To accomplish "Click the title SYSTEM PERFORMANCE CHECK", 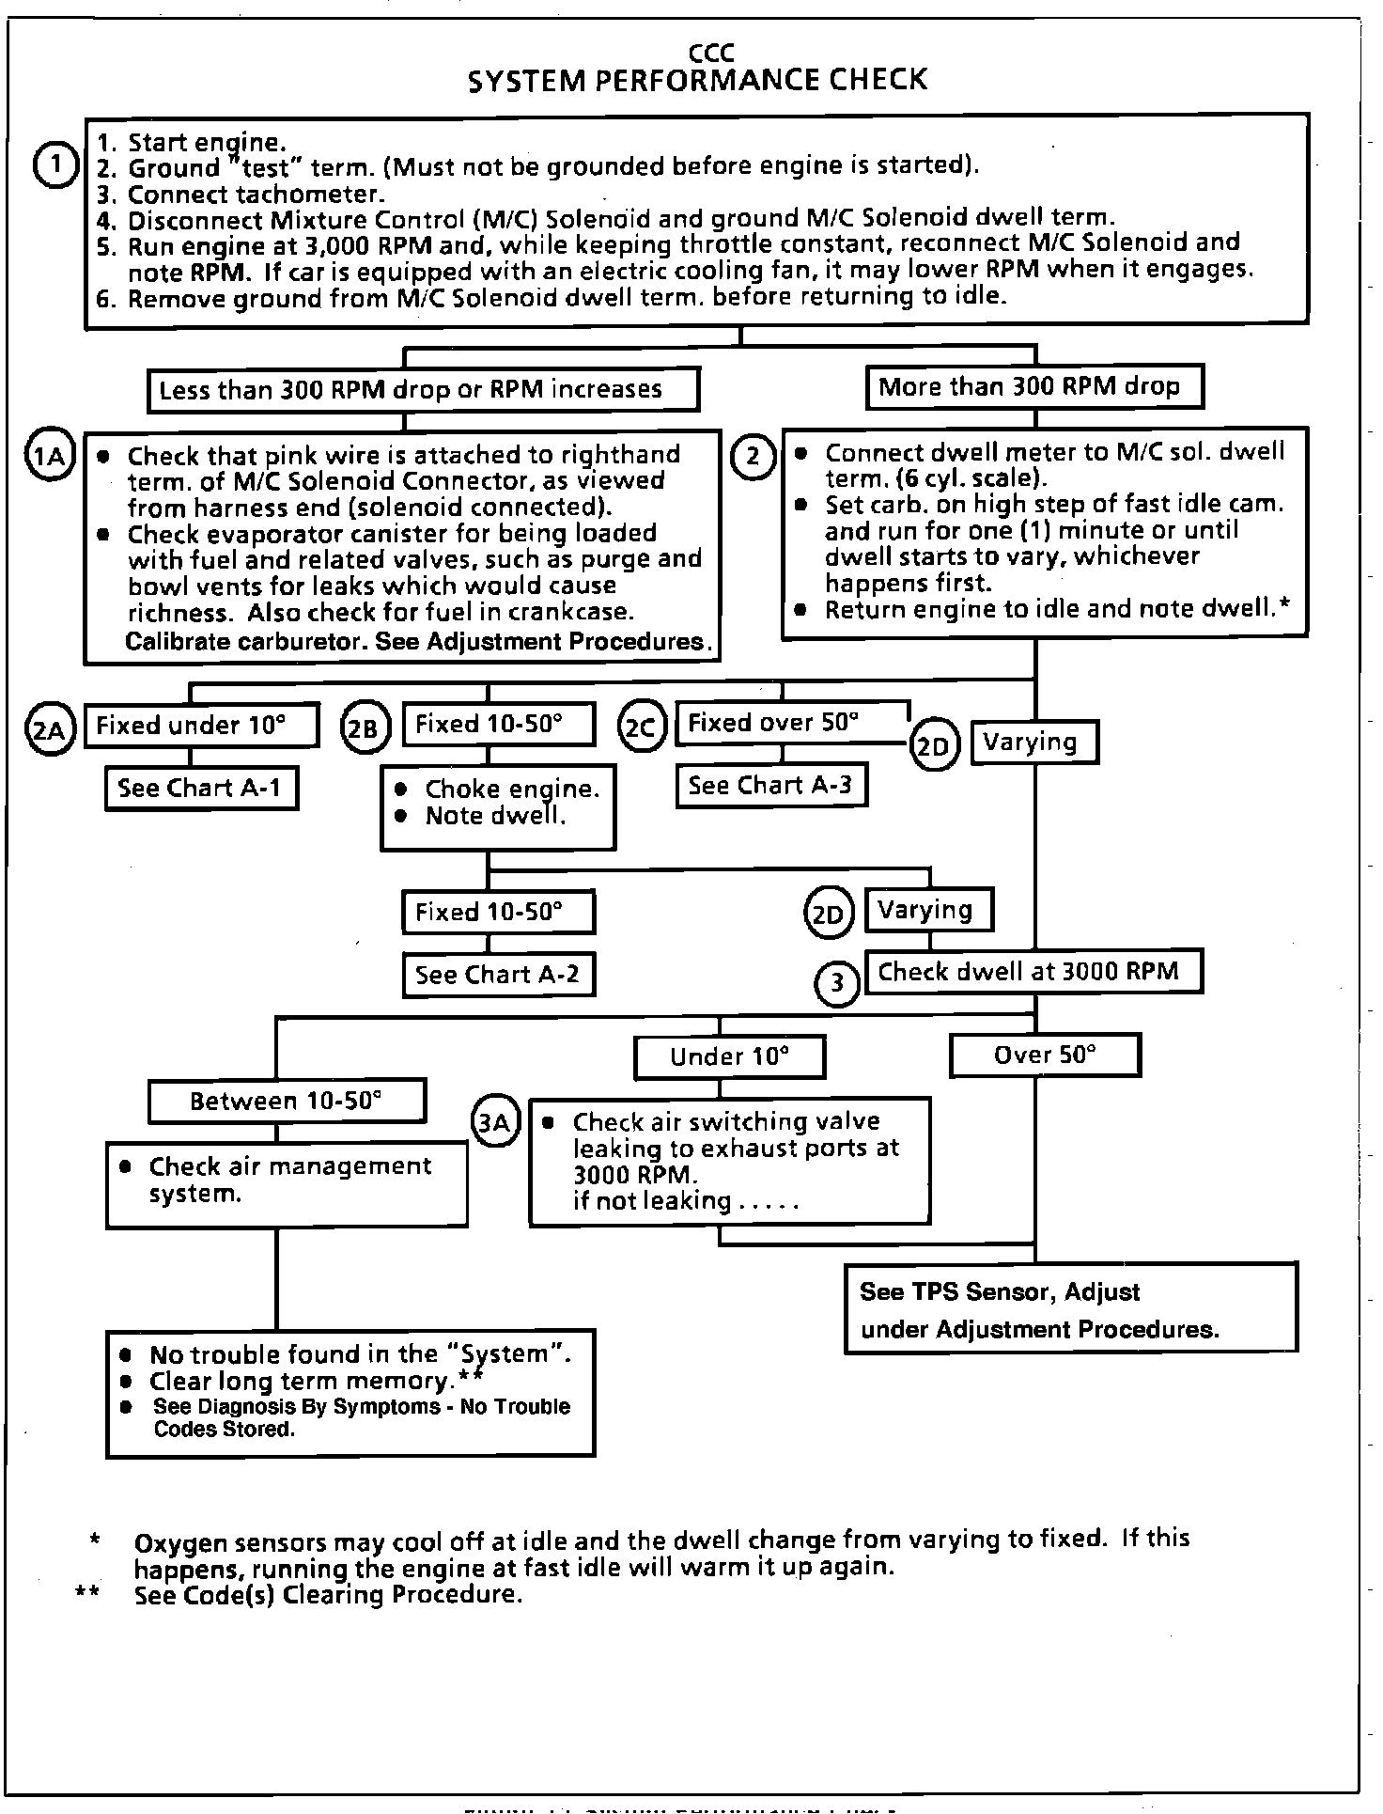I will [696, 80].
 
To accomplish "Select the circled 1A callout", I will [49, 456].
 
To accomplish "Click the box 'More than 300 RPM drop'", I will [1033, 387].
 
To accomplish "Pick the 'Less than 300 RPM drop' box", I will [423, 390].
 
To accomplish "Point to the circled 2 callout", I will [753, 458].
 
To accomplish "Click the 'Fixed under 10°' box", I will [200, 725].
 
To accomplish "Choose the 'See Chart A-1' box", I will [201, 788].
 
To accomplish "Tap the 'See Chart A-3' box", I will [770, 786].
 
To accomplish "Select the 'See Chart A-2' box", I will [498, 975].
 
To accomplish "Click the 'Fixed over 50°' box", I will [791, 723].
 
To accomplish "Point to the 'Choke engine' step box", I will [498, 804].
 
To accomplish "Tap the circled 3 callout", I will [836, 984].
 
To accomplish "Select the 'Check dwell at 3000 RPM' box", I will [1033, 972].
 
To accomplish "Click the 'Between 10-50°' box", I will [287, 1101].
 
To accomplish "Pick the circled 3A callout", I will [495, 1122].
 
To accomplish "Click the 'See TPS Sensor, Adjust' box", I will [1070, 1309].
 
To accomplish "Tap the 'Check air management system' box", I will [287, 1183].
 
